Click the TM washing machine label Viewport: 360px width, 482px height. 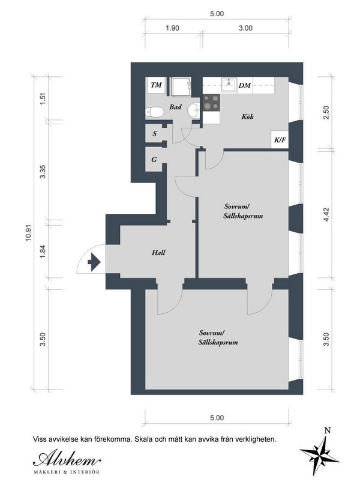157,85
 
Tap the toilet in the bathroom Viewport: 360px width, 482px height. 154,112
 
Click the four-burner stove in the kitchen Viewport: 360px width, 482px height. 211,103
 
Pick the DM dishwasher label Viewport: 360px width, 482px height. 245,85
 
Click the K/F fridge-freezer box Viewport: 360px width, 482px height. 280,140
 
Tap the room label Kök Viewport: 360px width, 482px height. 248,116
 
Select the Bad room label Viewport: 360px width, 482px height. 175,107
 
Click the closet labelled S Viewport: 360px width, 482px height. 154,133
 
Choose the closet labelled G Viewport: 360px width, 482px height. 154,160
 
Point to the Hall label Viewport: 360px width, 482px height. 158,253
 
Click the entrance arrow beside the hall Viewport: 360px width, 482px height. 94,262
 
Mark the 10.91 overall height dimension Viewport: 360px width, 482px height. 29,233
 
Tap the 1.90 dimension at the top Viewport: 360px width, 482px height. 172,28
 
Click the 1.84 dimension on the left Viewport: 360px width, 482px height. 43,251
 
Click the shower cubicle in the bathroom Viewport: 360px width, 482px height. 181,86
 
